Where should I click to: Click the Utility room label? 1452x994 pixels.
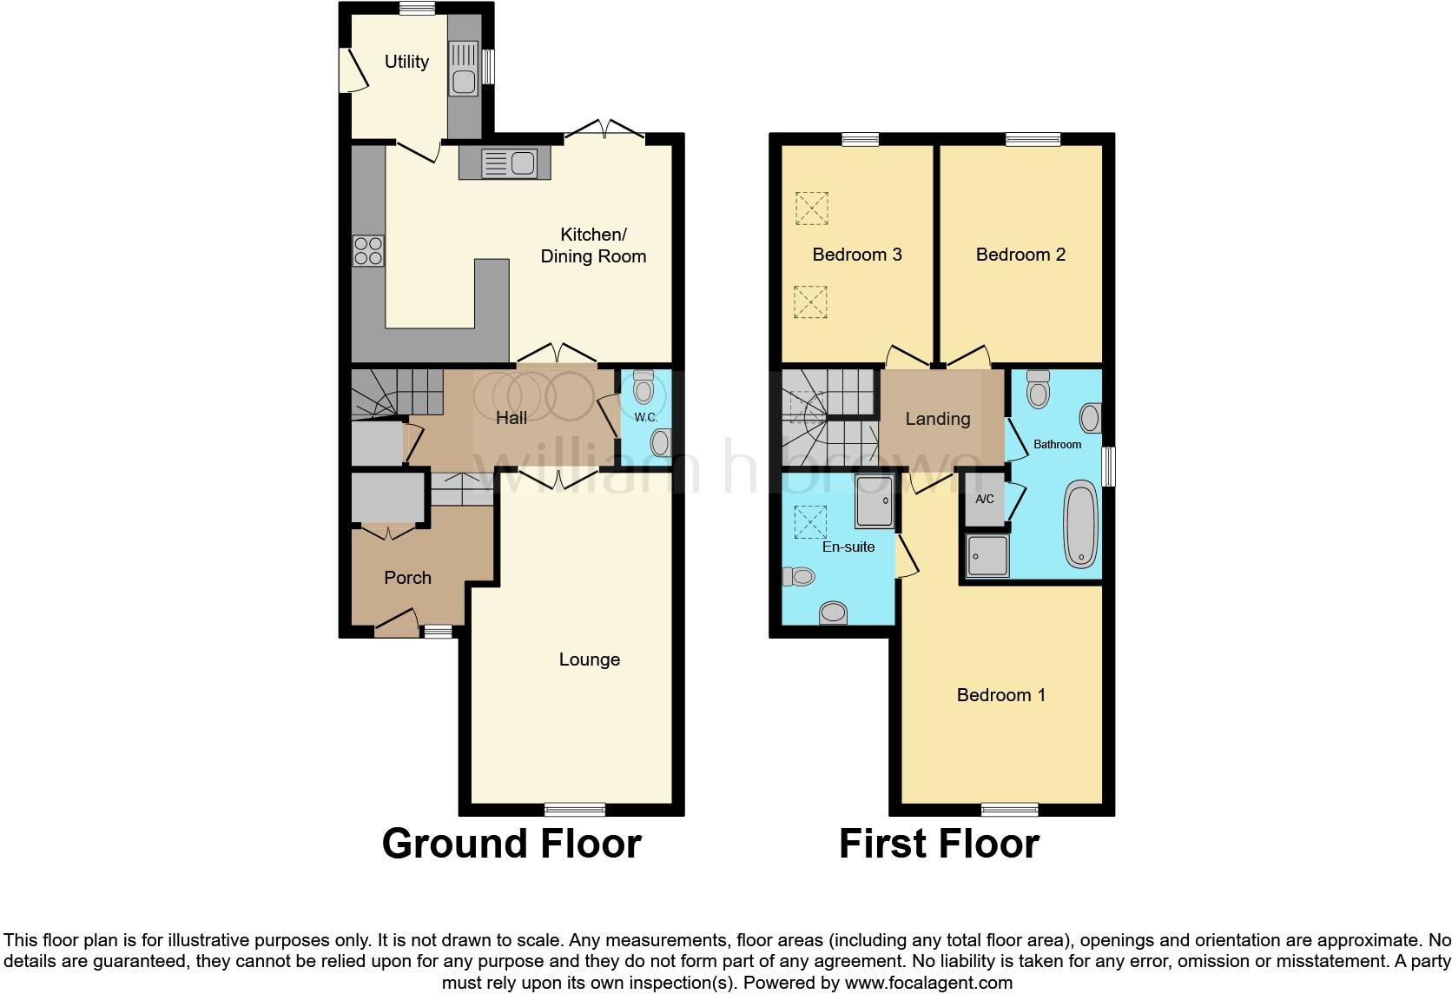pos(406,62)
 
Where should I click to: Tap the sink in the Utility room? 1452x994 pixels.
pos(463,82)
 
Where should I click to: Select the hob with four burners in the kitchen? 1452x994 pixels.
pos(367,251)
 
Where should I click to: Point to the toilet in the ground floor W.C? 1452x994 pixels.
pos(643,388)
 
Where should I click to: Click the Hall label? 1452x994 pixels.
pos(511,418)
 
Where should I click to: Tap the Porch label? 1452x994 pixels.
pos(407,578)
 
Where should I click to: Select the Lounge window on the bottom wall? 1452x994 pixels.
pos(575,809)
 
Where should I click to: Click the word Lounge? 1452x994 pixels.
pos(589,659)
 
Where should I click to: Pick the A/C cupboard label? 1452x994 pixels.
pos(985,500)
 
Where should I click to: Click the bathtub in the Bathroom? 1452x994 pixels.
pos(1081,526)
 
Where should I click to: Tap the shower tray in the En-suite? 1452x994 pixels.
pos(874,501)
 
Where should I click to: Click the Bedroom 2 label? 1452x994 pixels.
pos(1020,255)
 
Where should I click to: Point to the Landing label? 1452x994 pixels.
pos(937,419)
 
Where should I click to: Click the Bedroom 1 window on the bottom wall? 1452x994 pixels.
pos(1010,809)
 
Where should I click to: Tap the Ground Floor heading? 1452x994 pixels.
pos(511,844)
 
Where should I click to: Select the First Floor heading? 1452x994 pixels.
pos(939,844)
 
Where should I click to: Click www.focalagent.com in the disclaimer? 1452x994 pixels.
pos(928,984)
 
